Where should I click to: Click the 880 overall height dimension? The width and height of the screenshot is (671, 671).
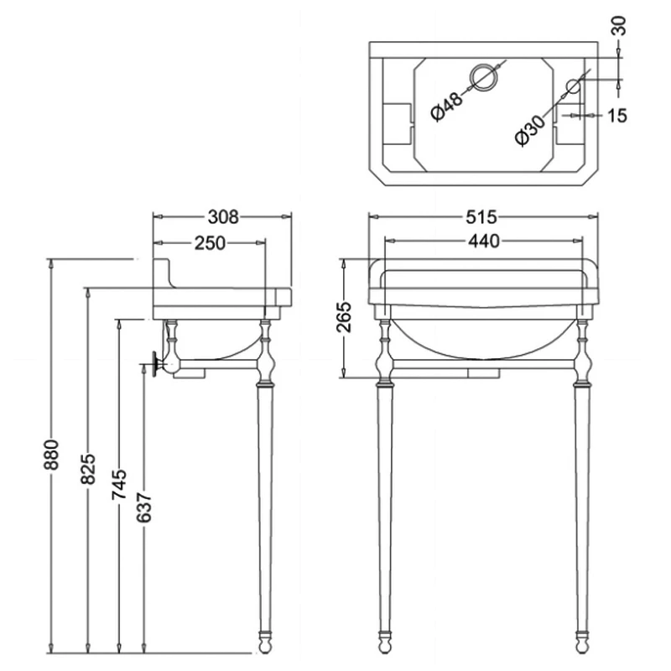click(x=51, y=454)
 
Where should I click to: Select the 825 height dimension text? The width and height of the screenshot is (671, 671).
click(x=88, y=469)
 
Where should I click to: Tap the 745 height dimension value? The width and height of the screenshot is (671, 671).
click(x=119, y=484)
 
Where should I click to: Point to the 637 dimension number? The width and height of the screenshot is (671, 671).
click(x=143, y=507)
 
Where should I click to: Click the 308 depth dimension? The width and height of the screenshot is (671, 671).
click(x=223, y=217)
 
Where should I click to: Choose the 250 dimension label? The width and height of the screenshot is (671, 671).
click(x=210, y=242)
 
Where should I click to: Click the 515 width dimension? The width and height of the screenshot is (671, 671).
click(x=481, y=217)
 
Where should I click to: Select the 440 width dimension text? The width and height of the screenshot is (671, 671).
click(x=484, y=242)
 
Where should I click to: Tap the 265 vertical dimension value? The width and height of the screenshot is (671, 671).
click(x=344, y=317)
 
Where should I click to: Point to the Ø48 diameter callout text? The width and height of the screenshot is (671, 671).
click(x=447, y=107)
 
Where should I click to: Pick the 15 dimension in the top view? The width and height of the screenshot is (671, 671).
click(x=617, y=116)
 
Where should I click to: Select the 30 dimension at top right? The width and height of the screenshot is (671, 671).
click(x=619, y=26)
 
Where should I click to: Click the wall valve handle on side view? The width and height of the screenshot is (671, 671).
click(x=155, y=364)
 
